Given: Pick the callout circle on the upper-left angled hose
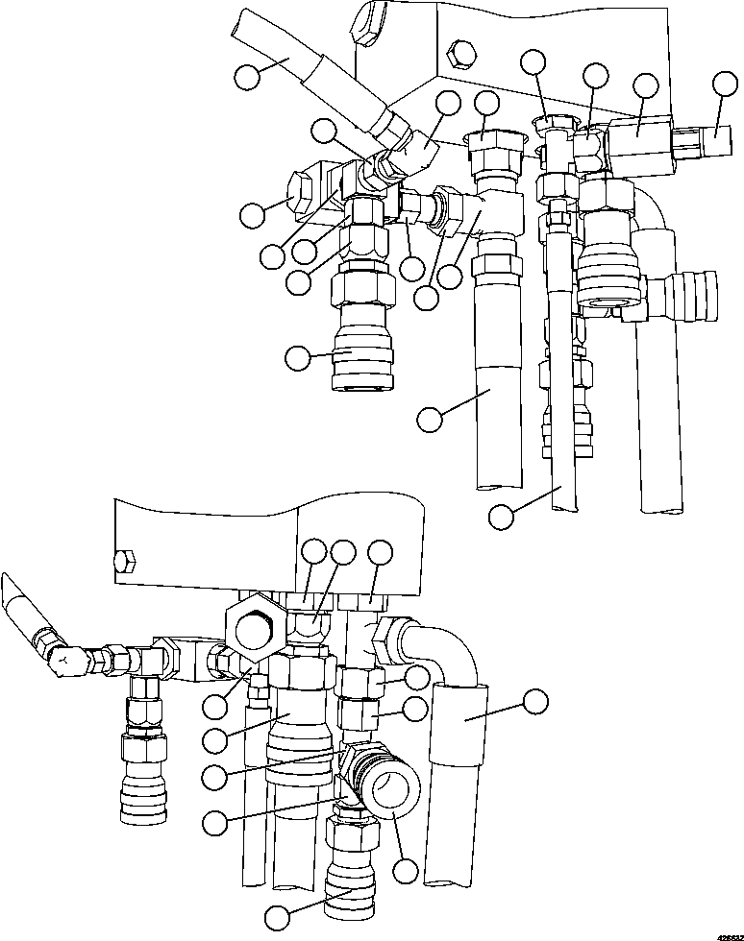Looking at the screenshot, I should pyautogui.click(x=249, y=76).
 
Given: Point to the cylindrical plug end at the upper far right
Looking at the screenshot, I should pyautogui.click(x=711, y=144).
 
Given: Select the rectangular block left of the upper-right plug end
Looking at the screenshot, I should pyautogui.click(x=639, y=140).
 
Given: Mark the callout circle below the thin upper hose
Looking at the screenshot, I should pyautogui.click(x=501, y=516).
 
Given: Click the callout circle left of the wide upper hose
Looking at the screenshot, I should pyautogui.click(x=432, y=418).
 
